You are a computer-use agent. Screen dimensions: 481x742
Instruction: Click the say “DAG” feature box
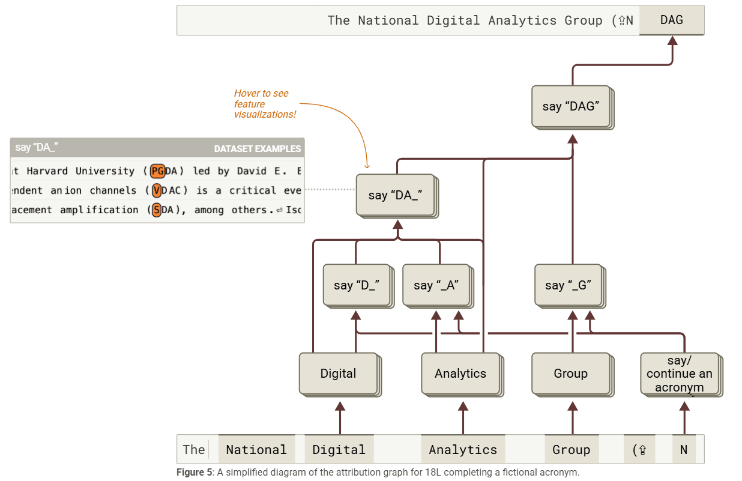[x=571, y=106]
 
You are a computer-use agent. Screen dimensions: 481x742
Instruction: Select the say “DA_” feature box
[x=394, y=195]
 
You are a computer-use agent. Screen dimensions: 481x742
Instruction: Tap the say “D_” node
[x=356, y=285]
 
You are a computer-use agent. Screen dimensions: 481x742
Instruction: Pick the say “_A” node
[x=435, y=285]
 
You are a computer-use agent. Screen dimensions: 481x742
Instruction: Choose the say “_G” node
[x=569, y=285]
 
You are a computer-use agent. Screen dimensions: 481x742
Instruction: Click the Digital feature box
[x=338, y=374]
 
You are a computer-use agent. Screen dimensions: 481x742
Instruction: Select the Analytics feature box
[x=460, y=374]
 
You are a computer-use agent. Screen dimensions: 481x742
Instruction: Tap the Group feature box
[x=570, y=374]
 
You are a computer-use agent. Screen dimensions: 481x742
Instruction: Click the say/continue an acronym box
[x=680, y=374]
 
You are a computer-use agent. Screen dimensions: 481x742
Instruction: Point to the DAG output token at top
[x=671, y=20]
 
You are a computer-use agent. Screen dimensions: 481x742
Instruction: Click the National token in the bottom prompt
[x=256, y=450]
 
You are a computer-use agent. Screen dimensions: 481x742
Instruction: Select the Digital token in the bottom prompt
[x=339, y=450]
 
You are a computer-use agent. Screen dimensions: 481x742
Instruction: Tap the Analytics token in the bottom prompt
[x=463, y=450]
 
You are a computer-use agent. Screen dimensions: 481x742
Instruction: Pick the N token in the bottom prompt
[x=684, y=450]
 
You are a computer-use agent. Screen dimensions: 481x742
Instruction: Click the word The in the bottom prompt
[x=194, y=450]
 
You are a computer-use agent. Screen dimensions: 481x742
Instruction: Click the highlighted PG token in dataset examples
[x=157, y=171]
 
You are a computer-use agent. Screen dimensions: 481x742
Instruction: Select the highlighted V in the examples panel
[x=157, y=190]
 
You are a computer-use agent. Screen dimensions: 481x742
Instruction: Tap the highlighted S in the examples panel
[x=157, y=210]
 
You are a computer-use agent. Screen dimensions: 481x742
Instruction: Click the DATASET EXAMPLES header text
[x=258, y=148]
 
